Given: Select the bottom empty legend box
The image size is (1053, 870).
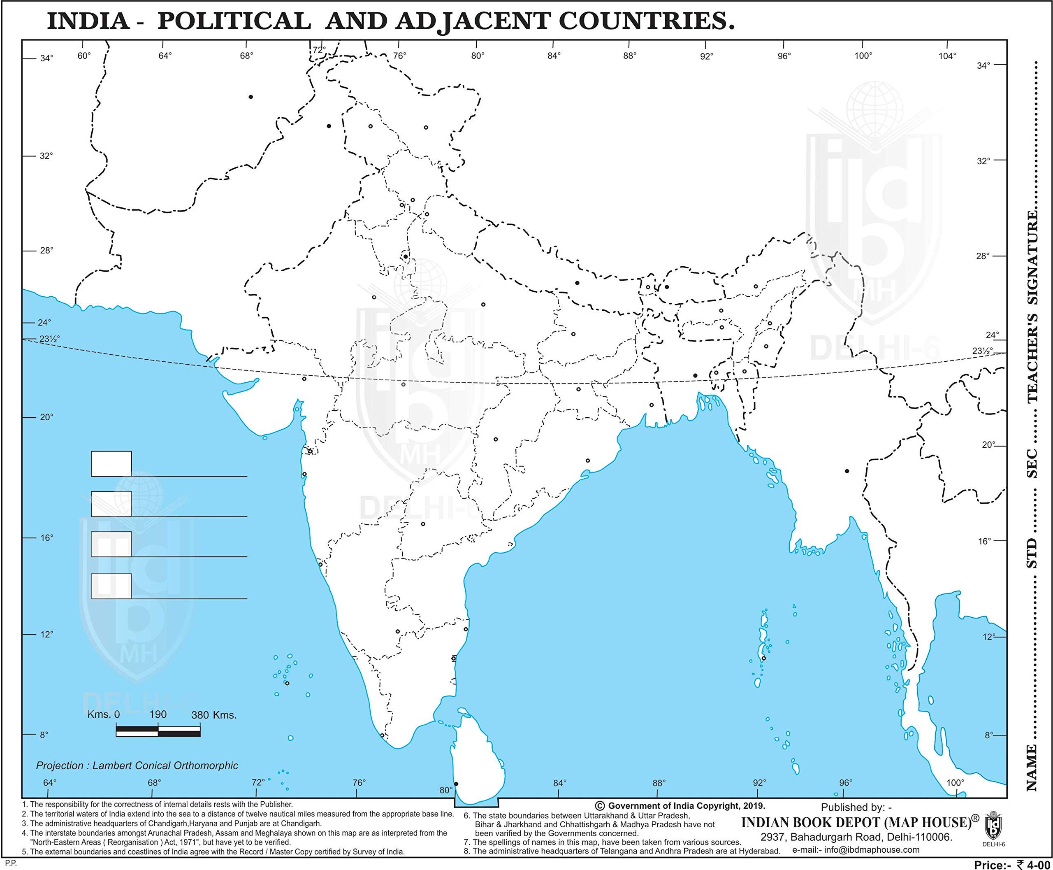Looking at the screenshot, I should coord(111,586).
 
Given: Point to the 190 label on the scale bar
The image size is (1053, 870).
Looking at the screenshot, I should coord(158,714).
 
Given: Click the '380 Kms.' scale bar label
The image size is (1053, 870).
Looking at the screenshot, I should coord(213,715).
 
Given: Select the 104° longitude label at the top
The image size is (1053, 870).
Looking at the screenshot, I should coord(947,56).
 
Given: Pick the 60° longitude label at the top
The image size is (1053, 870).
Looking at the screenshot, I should coord(84,55).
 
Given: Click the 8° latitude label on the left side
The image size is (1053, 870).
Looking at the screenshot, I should coord(44,735).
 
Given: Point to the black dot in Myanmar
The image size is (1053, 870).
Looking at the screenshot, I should coord(847,471).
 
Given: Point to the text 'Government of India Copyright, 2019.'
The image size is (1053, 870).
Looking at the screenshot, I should coord(687,819).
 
